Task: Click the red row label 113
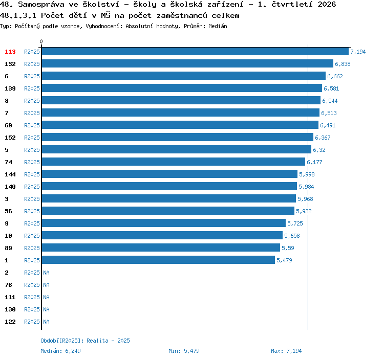10,52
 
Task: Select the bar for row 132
187,63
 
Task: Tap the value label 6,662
335,76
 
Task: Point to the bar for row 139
182,88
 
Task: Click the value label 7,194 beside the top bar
358,52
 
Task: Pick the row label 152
10,138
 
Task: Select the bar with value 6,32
177,149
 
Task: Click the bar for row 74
174,162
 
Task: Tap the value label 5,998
307,174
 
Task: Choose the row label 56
8,211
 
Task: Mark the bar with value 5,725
164,223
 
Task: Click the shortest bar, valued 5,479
158,260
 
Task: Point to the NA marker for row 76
46,285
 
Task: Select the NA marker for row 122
46,322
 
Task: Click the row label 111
10,297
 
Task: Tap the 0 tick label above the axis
41,41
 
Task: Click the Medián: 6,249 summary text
60,351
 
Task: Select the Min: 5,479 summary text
184,351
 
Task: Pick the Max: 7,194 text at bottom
286,351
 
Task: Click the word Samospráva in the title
41,5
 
